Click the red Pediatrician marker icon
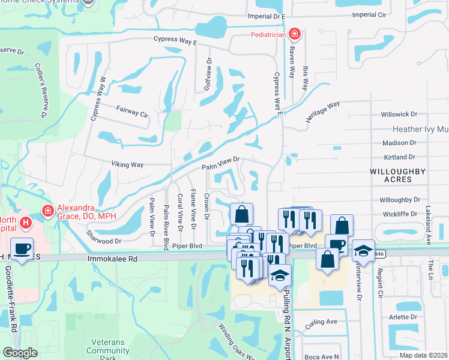point(294,34)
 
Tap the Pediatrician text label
point(267,35)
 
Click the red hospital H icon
point(25,223)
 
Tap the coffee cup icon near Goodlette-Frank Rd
point(22,248)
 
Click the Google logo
point(20,353)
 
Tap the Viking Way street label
point(127,164)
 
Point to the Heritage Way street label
point(322,112)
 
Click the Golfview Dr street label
point(209,73)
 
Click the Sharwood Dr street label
point(104,236)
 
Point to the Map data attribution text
point(423,355)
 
